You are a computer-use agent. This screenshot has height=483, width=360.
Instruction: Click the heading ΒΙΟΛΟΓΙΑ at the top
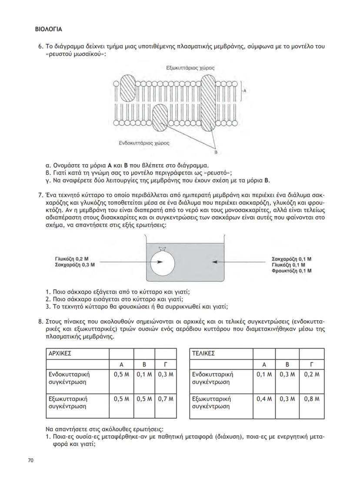point(48,30)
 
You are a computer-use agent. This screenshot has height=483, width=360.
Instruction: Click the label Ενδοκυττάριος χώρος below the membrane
point(144,142)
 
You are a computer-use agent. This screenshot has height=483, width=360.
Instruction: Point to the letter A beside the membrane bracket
point(245,91)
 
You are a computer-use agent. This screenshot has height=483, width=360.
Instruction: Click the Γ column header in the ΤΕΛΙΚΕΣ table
point(310,364)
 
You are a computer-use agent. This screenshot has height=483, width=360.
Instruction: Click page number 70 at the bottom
point(31,460)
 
